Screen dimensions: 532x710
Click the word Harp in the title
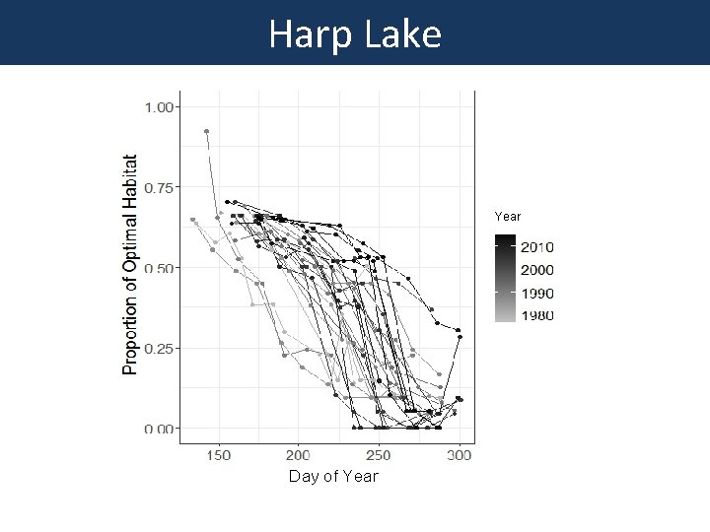(x=306, y=34)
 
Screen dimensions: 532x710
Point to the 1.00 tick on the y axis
(x=161, y=106)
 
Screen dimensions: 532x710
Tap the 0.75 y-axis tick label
(x=161, y=187)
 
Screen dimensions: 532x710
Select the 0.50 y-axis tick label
(x=161, y=268)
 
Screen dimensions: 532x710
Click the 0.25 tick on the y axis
(x=161, y=348)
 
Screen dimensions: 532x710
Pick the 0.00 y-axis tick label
(x=161, y=429)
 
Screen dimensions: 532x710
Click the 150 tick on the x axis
(x=218, y=455)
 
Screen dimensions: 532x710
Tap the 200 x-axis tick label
(x=298, y=455)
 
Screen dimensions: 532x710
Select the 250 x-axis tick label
(x=379, y=455)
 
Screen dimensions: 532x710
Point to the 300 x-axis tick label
(x=459, y=455)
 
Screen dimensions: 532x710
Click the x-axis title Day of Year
(x=333, y=477)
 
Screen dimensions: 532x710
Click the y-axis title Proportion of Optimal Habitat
(x=130, y=263)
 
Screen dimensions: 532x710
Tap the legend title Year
(x=508, y=216)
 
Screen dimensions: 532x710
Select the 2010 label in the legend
(x=537, y=247)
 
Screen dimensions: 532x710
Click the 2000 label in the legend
(x=537, y=270)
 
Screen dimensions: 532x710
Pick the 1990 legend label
(x=537, y=294)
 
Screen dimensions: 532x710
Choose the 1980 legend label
(x=537, y=315)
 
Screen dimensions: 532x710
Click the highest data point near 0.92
(x=206, y=131)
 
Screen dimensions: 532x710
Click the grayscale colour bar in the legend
(x=505, y=279)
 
